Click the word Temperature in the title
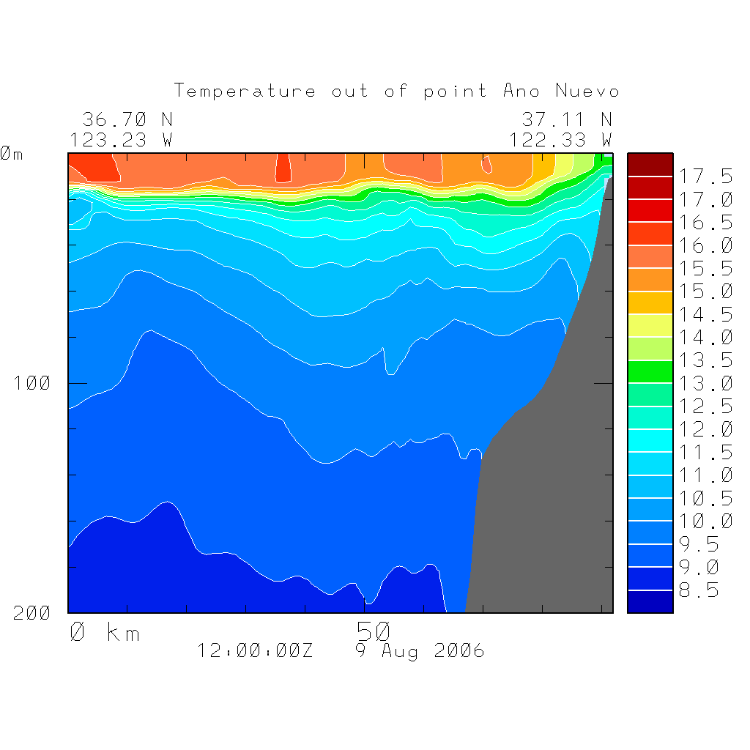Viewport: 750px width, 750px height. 245,92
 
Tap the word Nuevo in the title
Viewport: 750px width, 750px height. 587,92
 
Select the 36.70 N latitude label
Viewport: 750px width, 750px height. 127,119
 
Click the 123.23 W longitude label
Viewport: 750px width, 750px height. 122,139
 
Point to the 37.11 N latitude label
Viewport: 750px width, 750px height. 566,119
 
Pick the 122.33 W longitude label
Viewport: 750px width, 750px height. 561,139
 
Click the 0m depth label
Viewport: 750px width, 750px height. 12,154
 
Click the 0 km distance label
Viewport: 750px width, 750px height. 105,631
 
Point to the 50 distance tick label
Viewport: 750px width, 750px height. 374,630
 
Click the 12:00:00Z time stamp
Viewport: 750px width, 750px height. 255,650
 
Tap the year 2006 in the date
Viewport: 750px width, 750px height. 459,650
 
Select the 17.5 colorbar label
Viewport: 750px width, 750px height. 705,177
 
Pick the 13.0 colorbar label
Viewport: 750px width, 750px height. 705,383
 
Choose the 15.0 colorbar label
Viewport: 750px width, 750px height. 705,292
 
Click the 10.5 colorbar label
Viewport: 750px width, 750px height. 705,498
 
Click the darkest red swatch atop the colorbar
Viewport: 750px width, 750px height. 650,164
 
